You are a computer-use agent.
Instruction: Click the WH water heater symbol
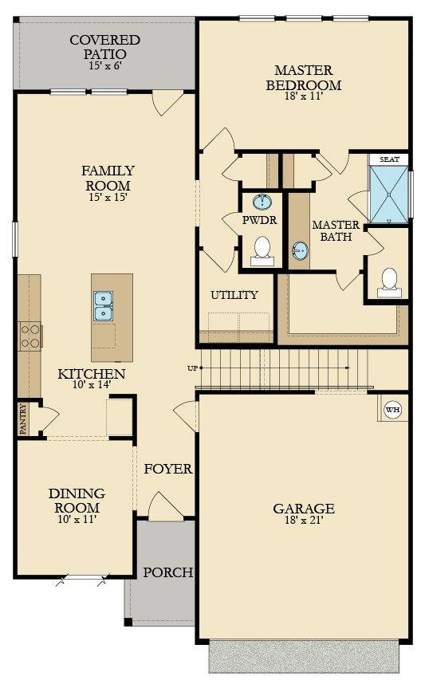[x=392, y=410]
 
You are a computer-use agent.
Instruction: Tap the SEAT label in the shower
[x=389, y=159]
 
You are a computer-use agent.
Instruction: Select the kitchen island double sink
[x=103, y=305]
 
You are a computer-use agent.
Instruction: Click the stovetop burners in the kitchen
[x=30, y=336]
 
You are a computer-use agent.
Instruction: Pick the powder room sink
[x=262, y=202]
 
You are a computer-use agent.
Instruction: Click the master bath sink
[x=301, y=250]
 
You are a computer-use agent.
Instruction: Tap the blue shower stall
[x=389, y=195]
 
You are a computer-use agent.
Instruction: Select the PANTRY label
[x=23, y=419]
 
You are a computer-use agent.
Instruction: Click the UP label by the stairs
[x=192, y=368]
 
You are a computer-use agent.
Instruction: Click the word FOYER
[x=168, y=469]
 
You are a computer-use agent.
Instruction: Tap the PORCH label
[x=167, y=572]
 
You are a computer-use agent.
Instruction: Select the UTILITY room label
[x=234, y=295]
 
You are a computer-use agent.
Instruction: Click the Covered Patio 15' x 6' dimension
[x=105, y=65]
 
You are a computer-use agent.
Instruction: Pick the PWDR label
[x=259, y=220]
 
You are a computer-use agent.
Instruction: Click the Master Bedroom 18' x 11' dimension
[x=304, y=96]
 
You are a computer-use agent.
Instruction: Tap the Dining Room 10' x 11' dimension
[x=77, y=519]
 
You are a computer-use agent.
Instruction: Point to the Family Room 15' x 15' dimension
[x=108, y=197]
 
